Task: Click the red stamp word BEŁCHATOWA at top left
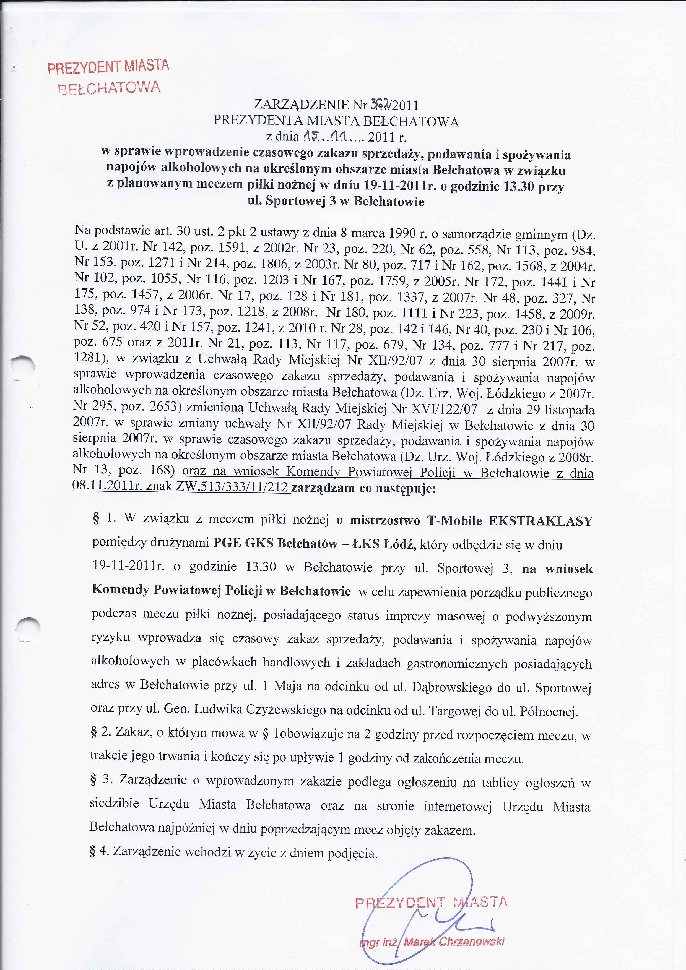[x=109, y=87]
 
